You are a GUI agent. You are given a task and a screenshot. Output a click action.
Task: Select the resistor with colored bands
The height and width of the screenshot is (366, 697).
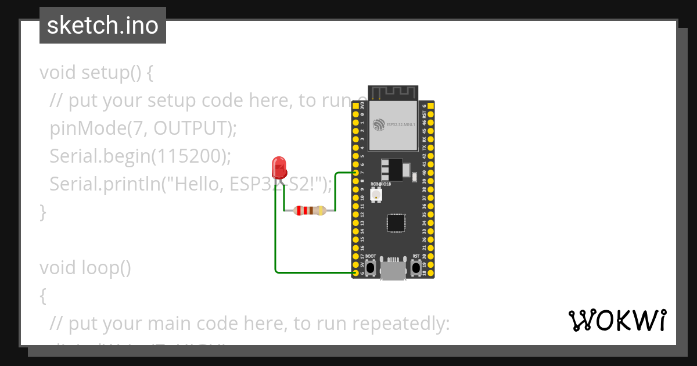pyautogui.click(x=310, y=211)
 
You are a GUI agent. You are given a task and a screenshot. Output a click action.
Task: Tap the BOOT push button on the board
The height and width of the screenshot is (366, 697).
pyautogui.click(x=370, y=268)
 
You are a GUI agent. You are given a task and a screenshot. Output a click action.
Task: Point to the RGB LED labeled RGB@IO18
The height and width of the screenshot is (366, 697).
pyautogui.click(x=376, y=196)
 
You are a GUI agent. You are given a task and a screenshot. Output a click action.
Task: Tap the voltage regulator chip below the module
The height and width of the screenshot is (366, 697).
pyautogui.click(x=391, y=169)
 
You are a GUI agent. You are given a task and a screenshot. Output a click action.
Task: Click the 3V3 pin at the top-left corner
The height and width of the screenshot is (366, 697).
pyautogui.click(x=355, y=106)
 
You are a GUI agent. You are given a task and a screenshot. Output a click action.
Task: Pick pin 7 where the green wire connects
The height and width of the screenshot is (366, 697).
pyautogui.click(x=355, y=173)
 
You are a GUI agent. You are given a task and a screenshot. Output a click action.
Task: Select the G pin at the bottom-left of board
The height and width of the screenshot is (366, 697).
pyautogui.click(x=355, y=272)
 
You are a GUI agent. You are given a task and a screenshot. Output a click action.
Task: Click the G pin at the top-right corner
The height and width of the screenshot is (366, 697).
pyautogui.click(x=430, y=106)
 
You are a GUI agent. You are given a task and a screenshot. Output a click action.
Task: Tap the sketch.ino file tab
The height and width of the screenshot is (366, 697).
pyautogui.click(x=103, y=26)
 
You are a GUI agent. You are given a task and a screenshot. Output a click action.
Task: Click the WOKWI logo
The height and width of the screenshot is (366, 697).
pyautogui.click(x=617, y=321)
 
